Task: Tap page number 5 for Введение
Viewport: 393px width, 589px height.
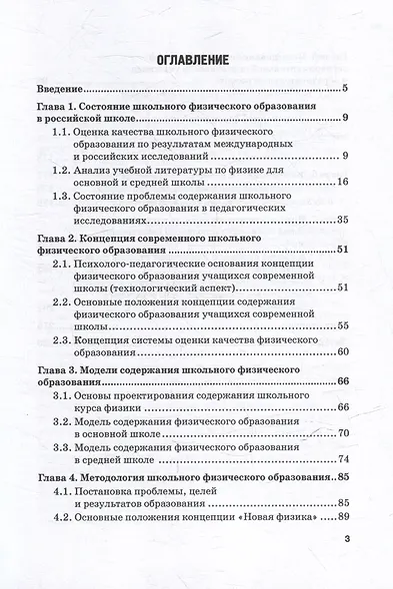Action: [343, 91]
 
